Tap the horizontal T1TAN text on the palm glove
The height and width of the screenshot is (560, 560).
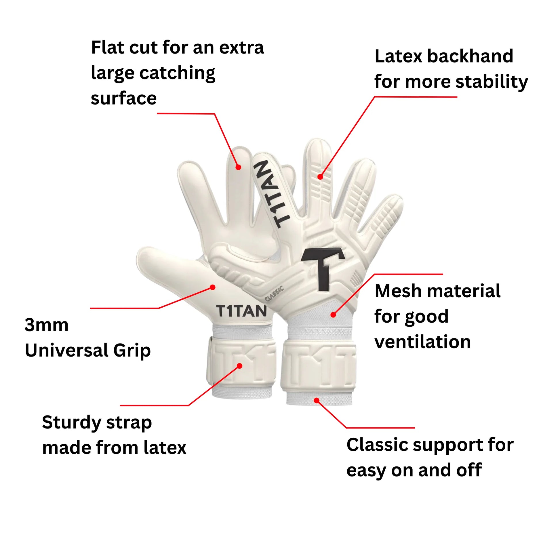241,311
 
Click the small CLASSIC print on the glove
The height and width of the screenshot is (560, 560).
274,294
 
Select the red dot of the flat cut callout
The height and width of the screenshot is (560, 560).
238,167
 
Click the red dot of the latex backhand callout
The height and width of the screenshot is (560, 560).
320,176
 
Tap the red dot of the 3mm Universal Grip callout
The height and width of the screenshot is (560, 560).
213,287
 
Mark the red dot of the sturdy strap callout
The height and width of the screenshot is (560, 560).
239,366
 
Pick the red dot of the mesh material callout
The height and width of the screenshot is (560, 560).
333,315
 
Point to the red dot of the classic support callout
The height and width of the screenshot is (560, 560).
317,401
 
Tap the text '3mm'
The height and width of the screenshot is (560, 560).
47,325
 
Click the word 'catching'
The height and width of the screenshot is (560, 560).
177,73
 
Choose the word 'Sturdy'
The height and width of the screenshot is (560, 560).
71,422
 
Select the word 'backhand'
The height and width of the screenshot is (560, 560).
470,56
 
